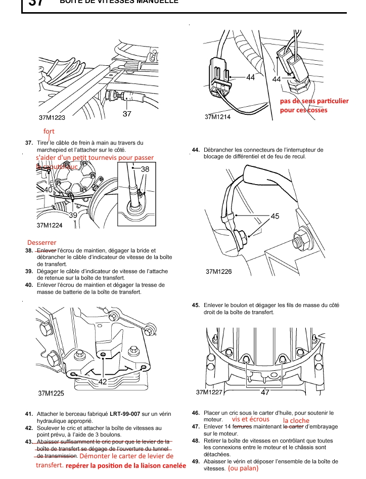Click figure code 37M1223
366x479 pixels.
(x=52, y=117)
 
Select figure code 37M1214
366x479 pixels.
(x=217, y=117)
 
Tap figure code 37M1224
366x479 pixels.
(x=50, y=225)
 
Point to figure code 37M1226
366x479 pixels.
(x=219, y=272)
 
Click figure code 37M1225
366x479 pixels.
(x=51, y=393)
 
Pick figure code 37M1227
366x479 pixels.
(x=209, y=392)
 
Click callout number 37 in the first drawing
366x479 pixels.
(x=127, y=114)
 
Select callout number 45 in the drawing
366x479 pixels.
(x=275, y=216)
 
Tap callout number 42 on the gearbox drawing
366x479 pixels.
(x=103, y=382)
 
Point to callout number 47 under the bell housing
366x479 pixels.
(x=265, y=392)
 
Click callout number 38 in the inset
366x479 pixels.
(x=145, y=169)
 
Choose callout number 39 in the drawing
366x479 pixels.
(x=73, y=215)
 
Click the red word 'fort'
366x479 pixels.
(x=49, y=132)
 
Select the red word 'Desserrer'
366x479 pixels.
(x=42, y=242)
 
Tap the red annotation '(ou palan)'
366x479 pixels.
(x=243, y=468)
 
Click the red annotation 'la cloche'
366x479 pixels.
(x=296, y=420)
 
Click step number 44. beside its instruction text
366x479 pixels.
(x=196, y=150)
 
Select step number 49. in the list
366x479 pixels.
(x=196, y=461)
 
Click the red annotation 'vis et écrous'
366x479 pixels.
(x=251, y=419)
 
